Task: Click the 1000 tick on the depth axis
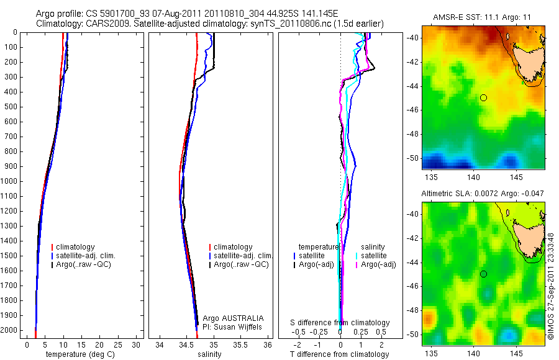click(x=10, y=181)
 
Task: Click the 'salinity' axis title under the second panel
click(x=209, y=354)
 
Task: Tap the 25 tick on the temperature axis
click(x=117, y=344)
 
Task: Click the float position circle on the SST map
click(x=483, y=97)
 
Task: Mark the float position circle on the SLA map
click(x=483, y=274)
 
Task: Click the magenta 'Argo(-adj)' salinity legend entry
click(x=378, y=264)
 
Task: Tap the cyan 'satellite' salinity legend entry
click(x=374, y=256)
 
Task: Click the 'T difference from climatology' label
click(x=339, y=354)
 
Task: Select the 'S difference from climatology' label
click(x=340, y=323)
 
